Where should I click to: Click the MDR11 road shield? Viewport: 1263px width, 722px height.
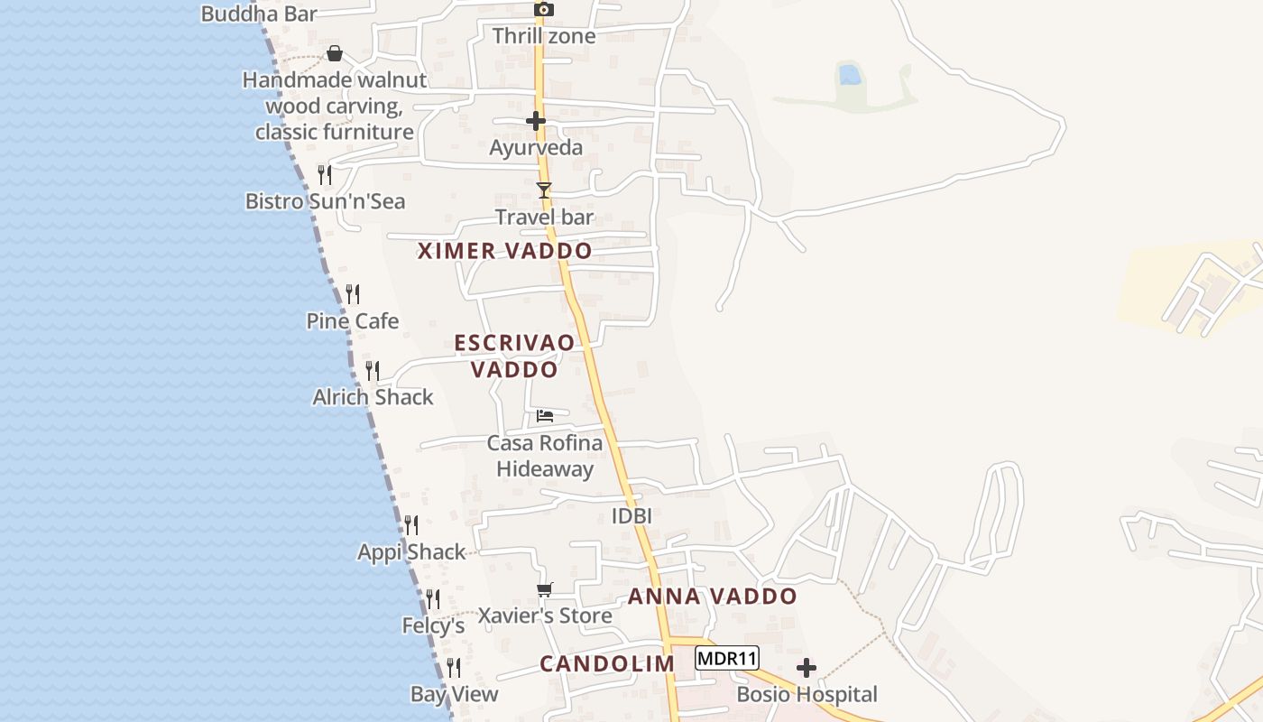(727, 659)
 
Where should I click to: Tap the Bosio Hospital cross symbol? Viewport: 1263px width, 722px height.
(807, 668)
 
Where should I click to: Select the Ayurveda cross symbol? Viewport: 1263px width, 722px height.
(536, 120)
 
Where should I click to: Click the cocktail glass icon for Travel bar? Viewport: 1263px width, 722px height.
(543, 190)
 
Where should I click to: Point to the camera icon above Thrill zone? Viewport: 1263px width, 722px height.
(543, 9)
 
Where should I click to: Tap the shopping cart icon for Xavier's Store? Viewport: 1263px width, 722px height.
(544, 589)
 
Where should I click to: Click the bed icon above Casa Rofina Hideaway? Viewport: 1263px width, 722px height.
(545, 415)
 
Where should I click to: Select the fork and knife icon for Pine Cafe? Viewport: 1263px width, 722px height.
(353, 293)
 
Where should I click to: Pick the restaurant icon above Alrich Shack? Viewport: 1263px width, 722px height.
(372, 370)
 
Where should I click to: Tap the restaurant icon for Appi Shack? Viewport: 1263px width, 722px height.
(411, 524)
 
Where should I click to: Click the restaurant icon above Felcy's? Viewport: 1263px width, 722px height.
(433, 598)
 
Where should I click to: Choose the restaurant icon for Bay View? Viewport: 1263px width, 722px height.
(454, 667)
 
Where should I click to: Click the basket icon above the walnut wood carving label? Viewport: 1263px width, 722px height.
(335, 53)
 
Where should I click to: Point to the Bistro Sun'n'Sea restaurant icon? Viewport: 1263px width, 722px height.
(325, 173)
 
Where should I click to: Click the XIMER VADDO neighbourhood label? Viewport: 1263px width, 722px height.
(504, 251)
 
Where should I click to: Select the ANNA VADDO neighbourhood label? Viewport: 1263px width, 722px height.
(712, 597)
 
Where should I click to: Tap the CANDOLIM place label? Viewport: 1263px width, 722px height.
(607, 664)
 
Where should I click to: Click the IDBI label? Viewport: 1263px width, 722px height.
(631, 515)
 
